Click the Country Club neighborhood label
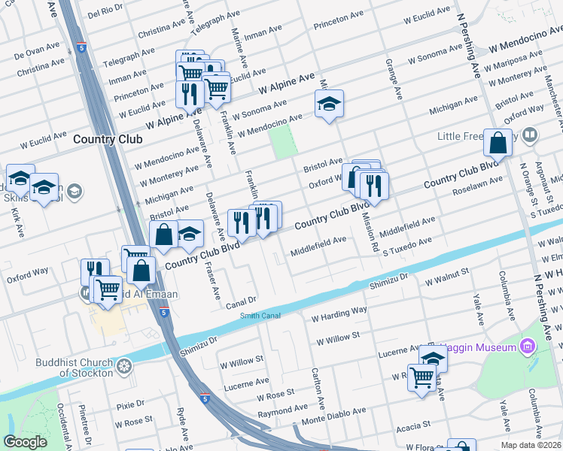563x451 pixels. pos(105,139)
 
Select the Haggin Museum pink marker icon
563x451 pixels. pos(527,347)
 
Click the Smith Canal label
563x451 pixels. pos(260,316)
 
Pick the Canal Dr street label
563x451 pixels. pos(241,300)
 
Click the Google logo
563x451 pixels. pos(25,442)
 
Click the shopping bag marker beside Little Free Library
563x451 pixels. pos(498,141)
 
